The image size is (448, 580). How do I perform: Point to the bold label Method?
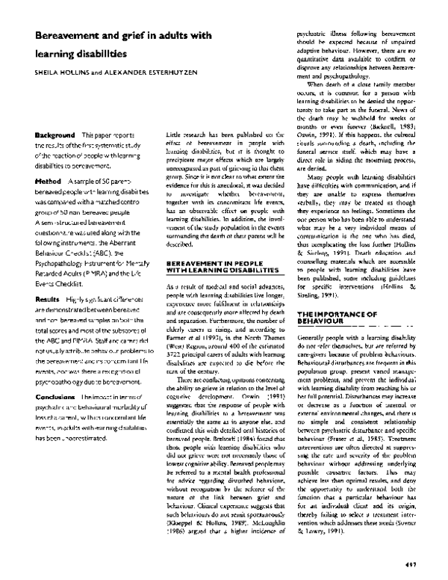[x=46, y=182]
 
